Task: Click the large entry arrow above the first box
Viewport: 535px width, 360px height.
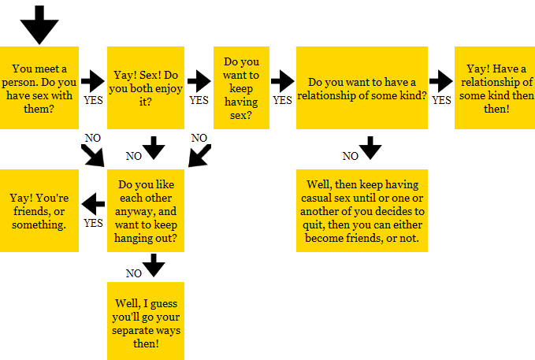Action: click(39, 24)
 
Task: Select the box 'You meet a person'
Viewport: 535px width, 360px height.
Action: click(39, 87)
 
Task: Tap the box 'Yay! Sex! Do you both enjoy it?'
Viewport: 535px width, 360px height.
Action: click(146, 87)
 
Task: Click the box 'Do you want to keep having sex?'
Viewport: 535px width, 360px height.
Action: click(241, 87)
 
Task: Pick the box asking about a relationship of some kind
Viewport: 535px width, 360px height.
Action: click(362, 87)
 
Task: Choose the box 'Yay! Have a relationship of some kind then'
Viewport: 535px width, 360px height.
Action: click(495, 87)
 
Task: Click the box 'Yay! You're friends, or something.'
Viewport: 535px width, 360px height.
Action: click(39, 210)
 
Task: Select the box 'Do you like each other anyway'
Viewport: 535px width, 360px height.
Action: click(146, 210)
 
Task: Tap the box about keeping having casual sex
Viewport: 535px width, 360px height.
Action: click(362, 210)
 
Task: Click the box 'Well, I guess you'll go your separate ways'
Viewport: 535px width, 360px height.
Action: click(146, 321)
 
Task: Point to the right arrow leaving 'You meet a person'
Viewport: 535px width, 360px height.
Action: click(93, 81)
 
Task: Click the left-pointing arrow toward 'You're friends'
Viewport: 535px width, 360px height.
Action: click(93, 204)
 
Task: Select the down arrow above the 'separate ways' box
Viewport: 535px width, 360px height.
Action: click(154, 265)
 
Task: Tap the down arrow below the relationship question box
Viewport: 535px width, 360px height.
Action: click(370, 148)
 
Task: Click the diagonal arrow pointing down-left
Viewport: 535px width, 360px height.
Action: click(199, 156)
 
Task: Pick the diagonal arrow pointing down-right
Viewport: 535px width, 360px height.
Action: click(92, 156)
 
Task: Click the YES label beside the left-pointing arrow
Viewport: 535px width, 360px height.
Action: click(93, 223)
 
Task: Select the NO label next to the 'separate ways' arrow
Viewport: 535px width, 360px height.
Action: click(133, 273)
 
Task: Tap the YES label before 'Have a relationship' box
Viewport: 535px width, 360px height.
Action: click(441, 100)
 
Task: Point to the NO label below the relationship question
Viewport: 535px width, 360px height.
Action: click(350, 156)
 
